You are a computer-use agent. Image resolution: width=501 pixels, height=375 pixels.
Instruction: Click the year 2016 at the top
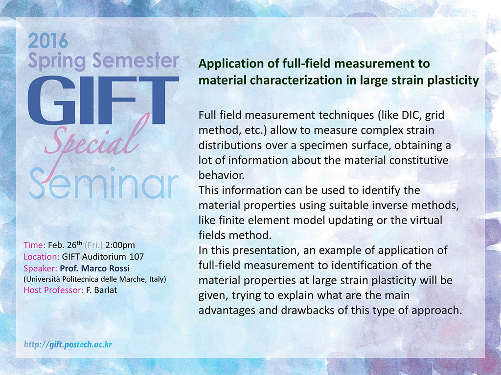click(48, 41)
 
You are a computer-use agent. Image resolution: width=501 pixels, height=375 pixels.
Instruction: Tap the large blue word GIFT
click(103, 101)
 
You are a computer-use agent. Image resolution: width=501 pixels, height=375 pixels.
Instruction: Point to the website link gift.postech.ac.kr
click(68, 344)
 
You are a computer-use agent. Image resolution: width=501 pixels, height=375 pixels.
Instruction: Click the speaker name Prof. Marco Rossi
click(94, 268)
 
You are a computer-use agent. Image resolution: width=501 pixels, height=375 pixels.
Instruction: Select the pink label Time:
click(35, 245)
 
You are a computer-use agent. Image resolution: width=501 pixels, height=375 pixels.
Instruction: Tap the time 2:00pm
click(120, 245)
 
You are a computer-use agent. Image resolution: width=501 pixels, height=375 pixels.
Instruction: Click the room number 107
click(137, 257)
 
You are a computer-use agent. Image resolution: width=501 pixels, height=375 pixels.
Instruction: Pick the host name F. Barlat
click(102, 290)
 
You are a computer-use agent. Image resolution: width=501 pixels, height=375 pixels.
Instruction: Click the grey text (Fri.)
click(93, 245)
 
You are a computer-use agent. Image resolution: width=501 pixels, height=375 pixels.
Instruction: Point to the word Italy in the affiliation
click(158, 279)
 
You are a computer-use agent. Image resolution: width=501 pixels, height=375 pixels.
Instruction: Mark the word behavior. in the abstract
click(222, 175)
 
